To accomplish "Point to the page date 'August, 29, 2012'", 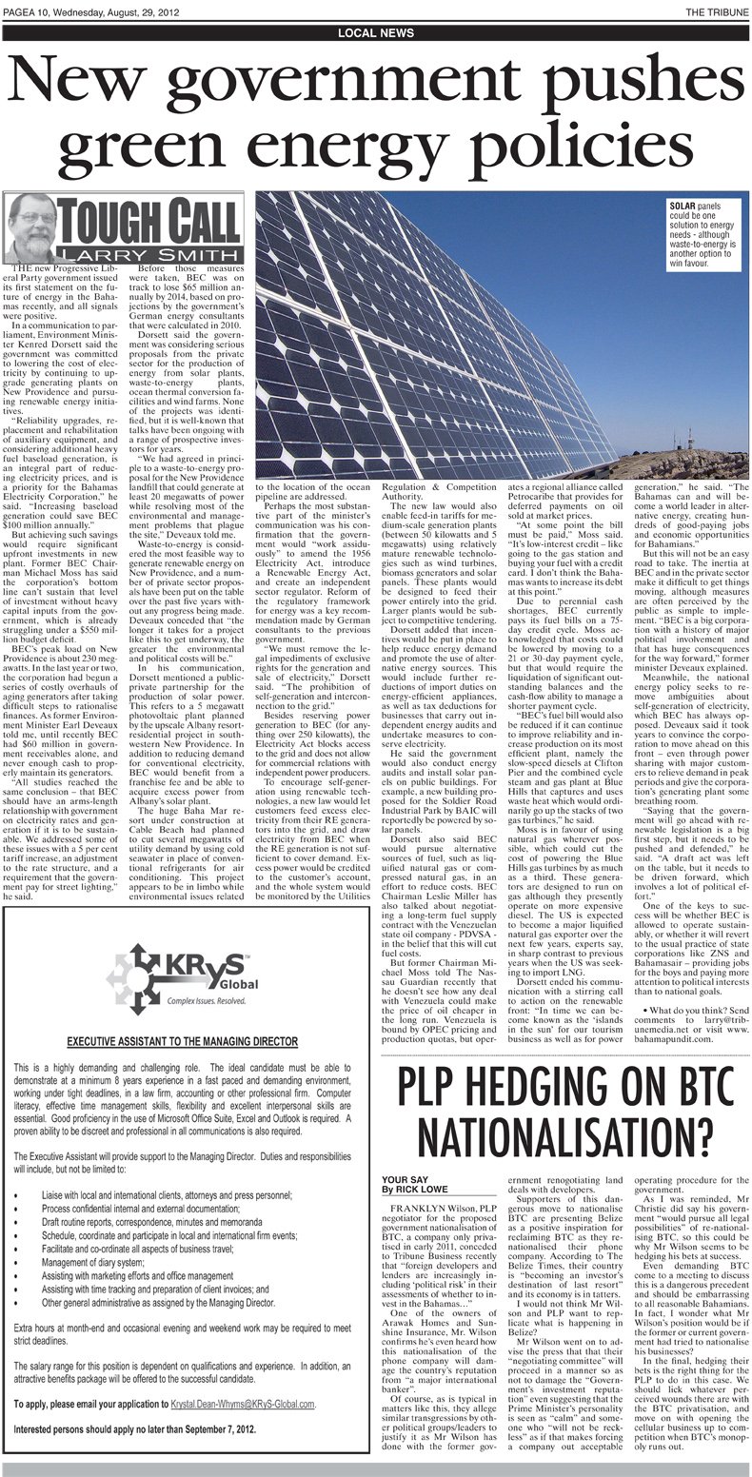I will tap(156, 10).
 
